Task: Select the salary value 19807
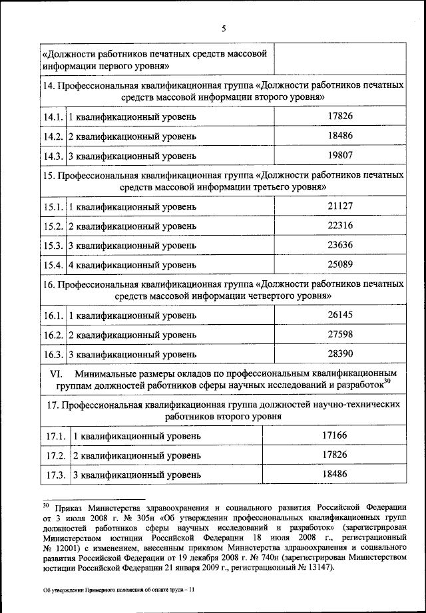pyautogui.click(x=339, y=156)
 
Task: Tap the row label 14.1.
pyautogui.click(x=54, y=117)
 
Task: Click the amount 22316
pyautogui.click(x=339, y=226)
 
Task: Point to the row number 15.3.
pyautogui.click(x=54, y=246)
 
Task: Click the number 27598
pyautogui.click(x=339, y=333)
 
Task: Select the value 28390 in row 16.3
pyautogui.click(x=339, y=353)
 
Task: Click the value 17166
pyautogui.click(x=335, y=435)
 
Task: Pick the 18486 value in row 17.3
pyautogui.click(x=335, y=475)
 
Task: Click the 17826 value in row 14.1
pyautogui.click(x=339, y=116)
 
